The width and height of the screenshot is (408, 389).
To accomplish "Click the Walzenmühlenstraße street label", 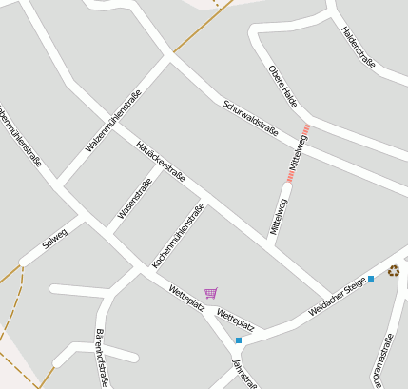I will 113,120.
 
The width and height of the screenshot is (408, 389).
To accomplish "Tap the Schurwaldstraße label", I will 250,118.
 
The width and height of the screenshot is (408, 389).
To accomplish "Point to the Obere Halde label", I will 283,86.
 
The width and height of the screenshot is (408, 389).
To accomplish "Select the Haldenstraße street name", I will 359,47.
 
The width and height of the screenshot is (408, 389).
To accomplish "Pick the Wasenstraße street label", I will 135,199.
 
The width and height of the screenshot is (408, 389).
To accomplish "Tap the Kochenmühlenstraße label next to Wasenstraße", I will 179,235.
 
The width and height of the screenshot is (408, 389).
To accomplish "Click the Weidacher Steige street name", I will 337,299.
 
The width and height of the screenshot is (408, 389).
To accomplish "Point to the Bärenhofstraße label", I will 102,358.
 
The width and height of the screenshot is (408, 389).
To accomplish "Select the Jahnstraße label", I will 244,374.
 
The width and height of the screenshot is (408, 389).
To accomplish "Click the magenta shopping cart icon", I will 211,293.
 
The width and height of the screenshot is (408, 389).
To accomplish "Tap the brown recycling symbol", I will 393,271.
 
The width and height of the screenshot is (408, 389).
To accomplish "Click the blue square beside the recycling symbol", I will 371,279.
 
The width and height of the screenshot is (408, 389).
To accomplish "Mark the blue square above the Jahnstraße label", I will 239,340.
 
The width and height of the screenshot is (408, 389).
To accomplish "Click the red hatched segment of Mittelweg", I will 298,154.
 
